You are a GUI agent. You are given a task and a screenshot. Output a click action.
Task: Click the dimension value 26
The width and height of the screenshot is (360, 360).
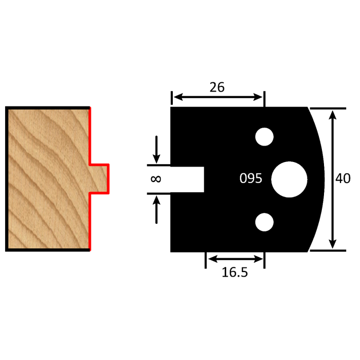click(217, 87)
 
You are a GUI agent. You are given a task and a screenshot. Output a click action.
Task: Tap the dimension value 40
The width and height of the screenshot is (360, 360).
click(343, 179)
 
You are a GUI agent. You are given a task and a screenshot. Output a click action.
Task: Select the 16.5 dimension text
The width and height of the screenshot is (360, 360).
click(235, 272)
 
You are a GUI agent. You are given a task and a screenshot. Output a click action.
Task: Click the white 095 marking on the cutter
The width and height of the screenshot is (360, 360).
click(251, 179)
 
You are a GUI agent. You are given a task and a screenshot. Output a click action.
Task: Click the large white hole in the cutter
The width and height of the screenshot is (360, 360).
click(289, 179)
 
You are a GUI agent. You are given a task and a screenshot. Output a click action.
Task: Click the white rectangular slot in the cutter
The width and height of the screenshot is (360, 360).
click(188, 179)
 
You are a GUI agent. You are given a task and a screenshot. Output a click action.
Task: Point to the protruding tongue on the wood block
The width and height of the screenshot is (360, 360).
click(100, 178)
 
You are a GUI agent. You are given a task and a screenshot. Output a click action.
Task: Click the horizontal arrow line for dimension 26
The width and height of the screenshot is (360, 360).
click(217, 97)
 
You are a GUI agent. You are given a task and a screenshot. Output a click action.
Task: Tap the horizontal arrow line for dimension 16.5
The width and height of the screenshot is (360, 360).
click(235, 258)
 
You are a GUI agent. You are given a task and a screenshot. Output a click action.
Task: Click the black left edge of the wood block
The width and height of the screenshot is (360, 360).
click(7, 178)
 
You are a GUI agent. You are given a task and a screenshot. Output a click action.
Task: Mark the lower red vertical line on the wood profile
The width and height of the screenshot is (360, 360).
click(90, 221)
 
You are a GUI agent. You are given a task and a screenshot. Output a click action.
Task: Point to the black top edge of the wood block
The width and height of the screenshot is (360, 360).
click(48, 107)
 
